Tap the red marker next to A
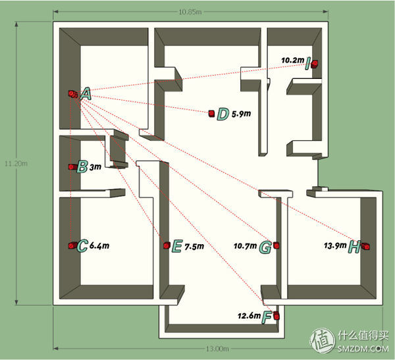point(71,94)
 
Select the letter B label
point(82,167)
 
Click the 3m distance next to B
point(95,168)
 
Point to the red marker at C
point(71,245)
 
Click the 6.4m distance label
point(99,246)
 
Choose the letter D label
point(223,115)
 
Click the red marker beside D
point(211,114)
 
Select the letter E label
point(176,247)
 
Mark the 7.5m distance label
point(194,247)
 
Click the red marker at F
point(276,316)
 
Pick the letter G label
point(265,247)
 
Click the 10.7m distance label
point(245,247)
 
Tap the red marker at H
point(367,247)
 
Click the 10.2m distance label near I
point(292,60)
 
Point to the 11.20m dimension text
point(10,163)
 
